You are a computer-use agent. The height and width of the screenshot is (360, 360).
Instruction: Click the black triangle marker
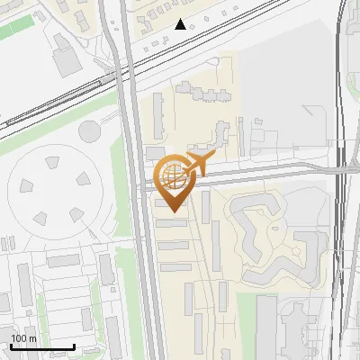(181, 24)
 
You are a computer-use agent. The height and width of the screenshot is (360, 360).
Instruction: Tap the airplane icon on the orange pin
(200, 164)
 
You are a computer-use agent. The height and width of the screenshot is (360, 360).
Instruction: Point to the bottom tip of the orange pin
(172, 211)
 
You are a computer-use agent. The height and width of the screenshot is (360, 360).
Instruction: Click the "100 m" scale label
(23, 337)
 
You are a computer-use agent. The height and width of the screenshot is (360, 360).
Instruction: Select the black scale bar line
(41, 346)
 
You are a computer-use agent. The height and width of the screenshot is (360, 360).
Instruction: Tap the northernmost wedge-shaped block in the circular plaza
(51, 161)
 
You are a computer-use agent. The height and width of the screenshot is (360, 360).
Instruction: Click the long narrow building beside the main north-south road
(158, 117)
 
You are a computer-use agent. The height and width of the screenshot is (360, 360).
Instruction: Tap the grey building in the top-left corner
(65, 59)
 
